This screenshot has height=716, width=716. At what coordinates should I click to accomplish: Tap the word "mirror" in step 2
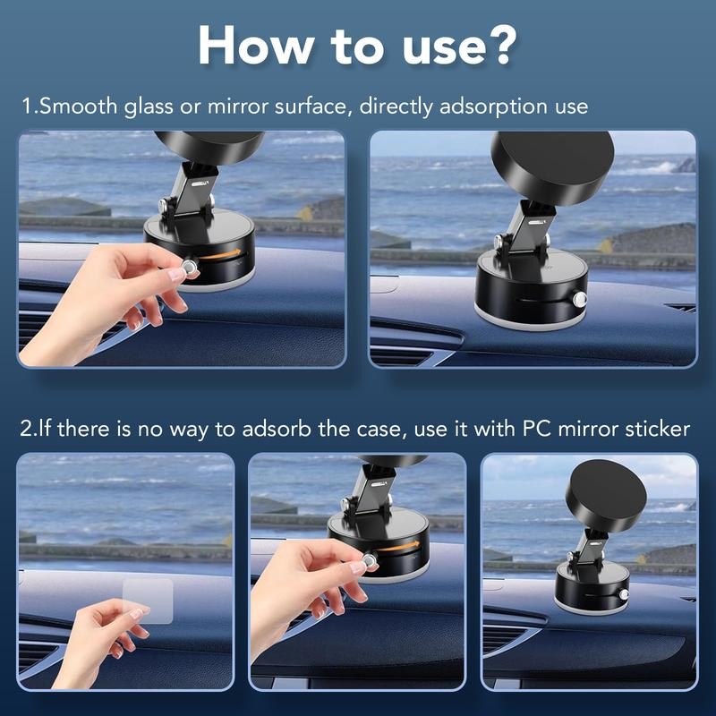[587, 429]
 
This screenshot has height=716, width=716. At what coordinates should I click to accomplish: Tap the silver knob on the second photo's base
[580, 299]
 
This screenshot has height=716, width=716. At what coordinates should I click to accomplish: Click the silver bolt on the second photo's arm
[496, 241]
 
